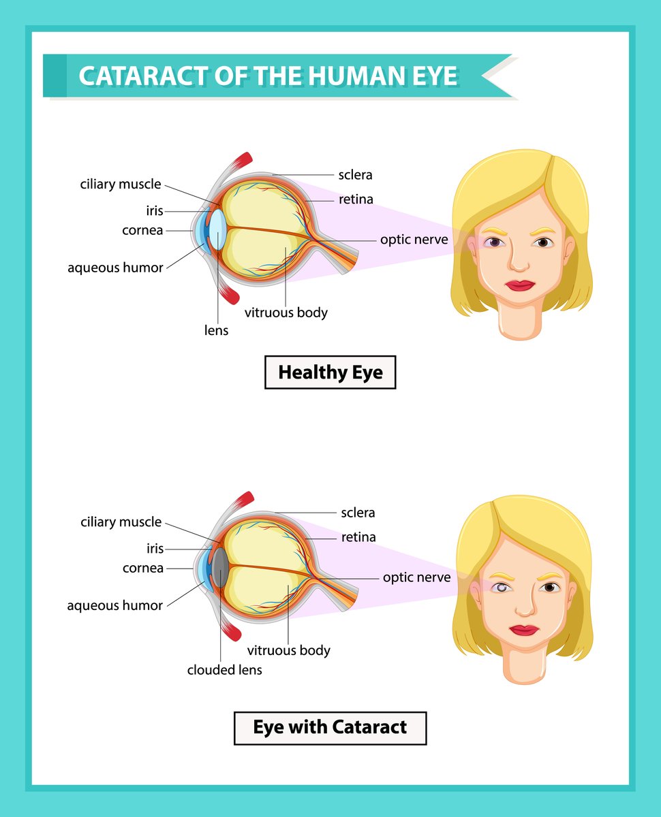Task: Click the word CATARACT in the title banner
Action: tap(140, 76)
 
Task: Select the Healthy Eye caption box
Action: tap(330, 373)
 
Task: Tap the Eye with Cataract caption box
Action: tap(330, 727)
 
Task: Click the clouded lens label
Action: tap(224, 670)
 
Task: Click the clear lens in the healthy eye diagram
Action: tap(218, 230)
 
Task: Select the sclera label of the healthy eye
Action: tap(355, 175)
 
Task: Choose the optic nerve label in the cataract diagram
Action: tap(416, 577)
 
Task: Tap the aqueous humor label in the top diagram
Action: tap(115, 268)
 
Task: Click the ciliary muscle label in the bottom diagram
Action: tap(121, 522)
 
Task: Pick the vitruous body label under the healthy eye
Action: tap(286, 313)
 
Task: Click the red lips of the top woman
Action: tap(520, 285)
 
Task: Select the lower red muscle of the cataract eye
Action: tap(232, 632)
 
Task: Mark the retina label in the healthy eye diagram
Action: tap(356, 199)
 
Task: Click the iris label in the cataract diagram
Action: tap(155, 548)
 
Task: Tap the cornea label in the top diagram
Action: tap(142, 230)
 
